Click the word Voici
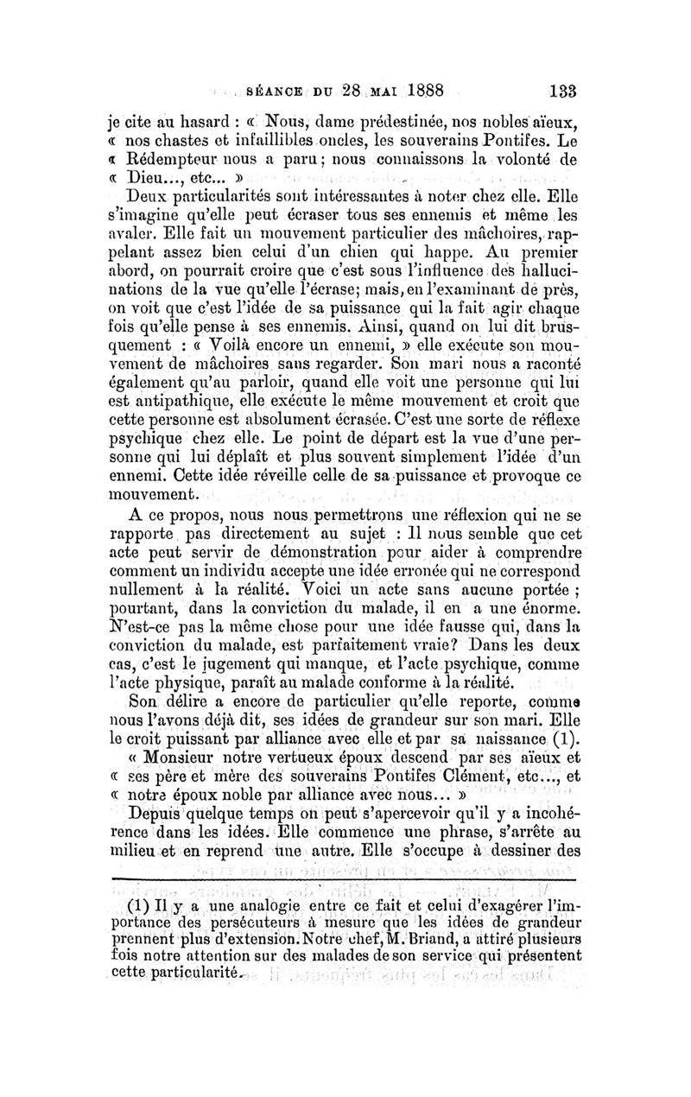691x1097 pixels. coord(318,592)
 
